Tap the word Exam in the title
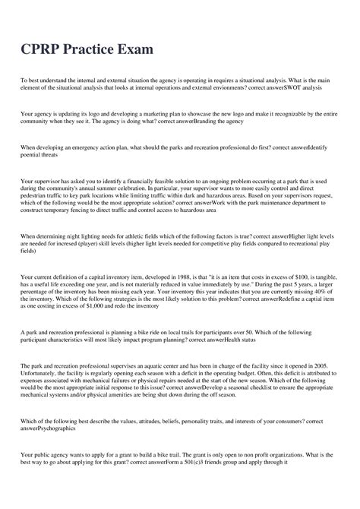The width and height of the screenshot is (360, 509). pyautogui.click(x=134, y=51)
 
